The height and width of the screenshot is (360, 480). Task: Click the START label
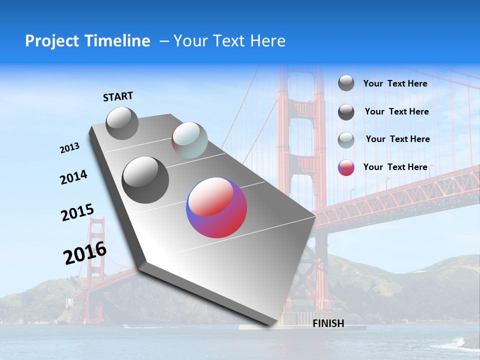point(118,96)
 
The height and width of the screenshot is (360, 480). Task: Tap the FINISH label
point(328,323)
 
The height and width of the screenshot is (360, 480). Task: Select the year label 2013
point(70,148)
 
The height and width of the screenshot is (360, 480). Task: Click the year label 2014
point(73,177)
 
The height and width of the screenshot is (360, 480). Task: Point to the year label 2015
point(77,212)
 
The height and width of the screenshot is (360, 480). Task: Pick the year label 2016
point(85,252)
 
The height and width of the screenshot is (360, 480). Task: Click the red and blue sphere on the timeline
point(216,207)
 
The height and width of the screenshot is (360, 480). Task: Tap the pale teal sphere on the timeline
point(189,140)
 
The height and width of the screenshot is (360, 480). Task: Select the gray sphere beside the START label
point(122,123)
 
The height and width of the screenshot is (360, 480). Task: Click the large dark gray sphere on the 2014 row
point(145,180)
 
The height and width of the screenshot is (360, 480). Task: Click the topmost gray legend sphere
point(346,83)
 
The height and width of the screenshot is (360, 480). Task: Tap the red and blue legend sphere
point(346,167)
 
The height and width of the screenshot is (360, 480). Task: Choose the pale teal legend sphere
point(346,140)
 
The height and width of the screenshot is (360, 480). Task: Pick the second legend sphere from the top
point(346,112)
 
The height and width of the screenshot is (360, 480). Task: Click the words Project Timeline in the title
point(87,41)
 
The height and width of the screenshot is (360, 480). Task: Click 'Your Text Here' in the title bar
point(229,41)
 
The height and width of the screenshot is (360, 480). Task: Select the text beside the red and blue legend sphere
point(395,167)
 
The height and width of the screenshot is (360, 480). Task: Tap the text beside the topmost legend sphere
point(395,83)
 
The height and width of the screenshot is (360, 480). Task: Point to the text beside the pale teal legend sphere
point(397,139)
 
